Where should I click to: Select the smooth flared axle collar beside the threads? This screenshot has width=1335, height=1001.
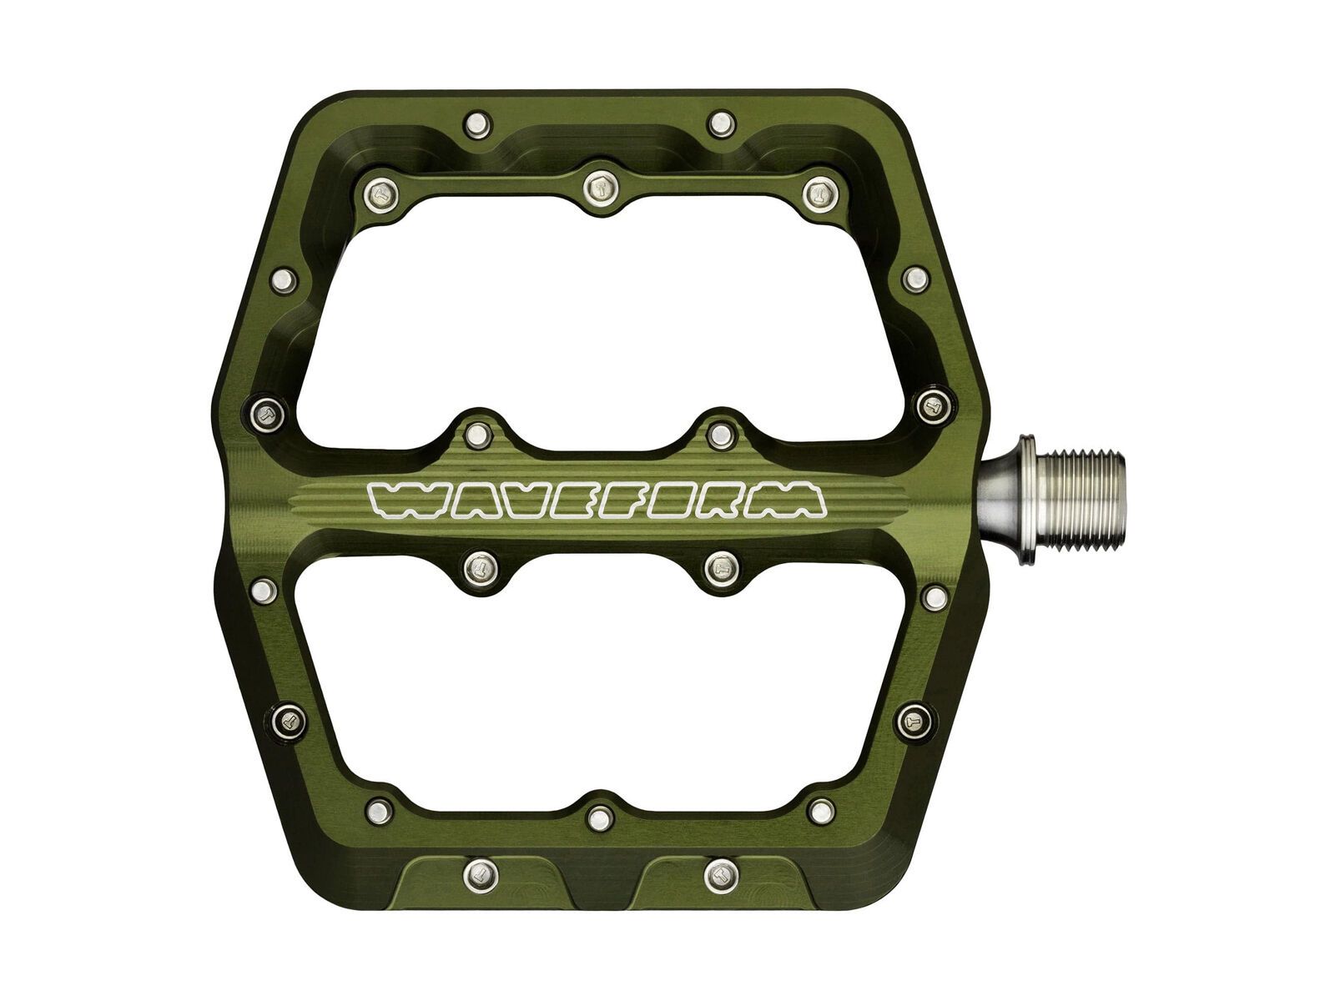1005,503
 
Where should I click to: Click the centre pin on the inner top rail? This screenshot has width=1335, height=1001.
597,185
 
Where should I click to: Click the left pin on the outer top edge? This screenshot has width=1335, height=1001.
477,125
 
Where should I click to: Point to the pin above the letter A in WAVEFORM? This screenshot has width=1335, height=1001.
477,433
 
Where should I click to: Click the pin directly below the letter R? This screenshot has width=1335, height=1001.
718,570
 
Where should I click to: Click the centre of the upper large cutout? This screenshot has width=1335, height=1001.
597,317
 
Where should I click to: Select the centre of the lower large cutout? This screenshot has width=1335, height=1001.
597,684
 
